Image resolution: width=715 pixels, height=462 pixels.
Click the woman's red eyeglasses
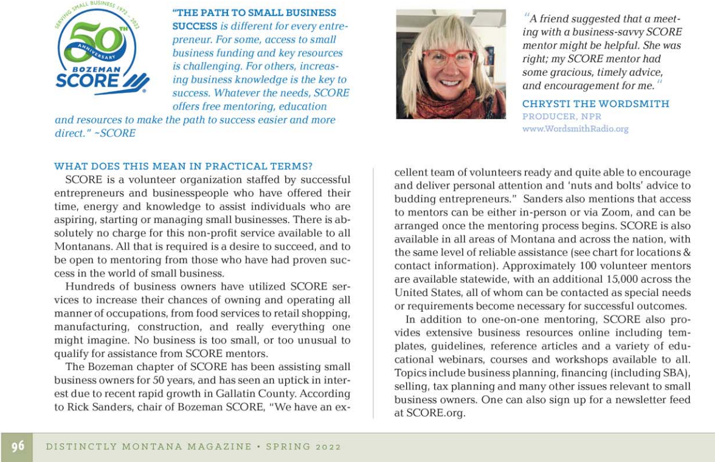(449, 58)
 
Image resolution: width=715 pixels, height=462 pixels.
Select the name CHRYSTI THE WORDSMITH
(596, 104)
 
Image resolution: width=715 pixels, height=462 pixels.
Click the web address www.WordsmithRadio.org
(575, 129)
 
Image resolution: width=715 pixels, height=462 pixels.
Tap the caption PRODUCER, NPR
(562, 117)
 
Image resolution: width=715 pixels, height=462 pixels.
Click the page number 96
(18, 446)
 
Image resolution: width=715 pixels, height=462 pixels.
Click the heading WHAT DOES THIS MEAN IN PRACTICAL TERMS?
(183, 167)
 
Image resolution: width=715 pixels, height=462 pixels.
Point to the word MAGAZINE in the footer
(219, 447)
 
